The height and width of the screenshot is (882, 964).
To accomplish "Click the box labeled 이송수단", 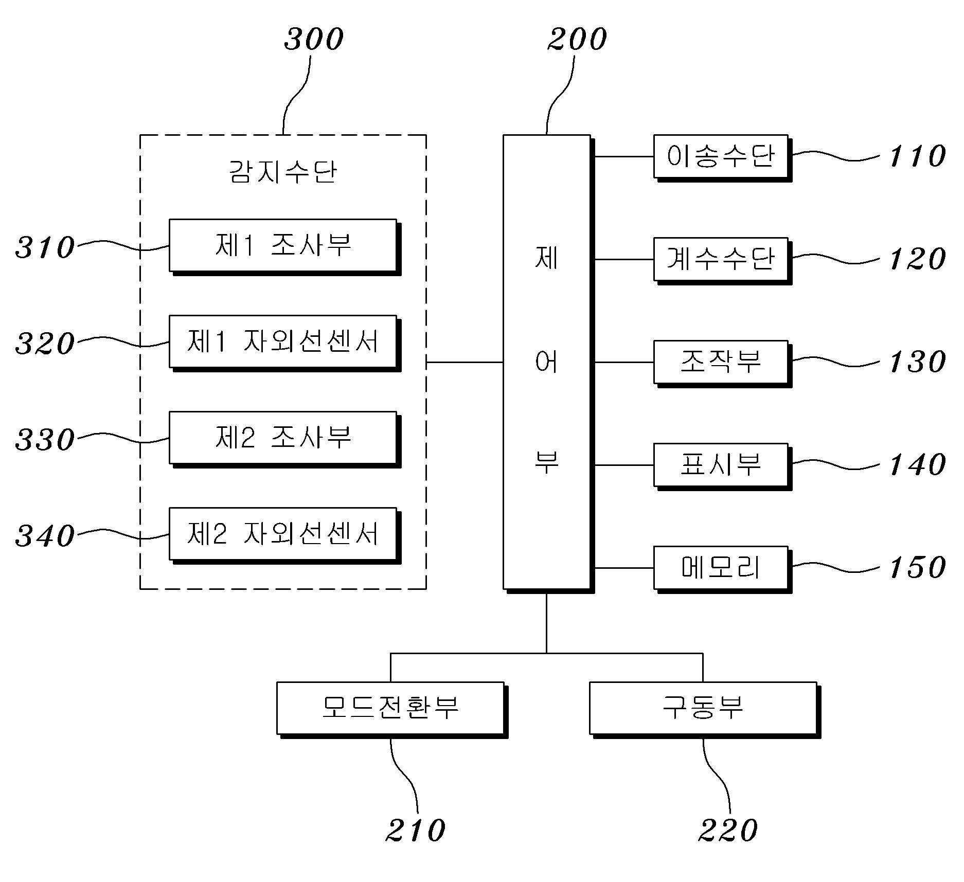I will pyautogui.click(x=720, y=156).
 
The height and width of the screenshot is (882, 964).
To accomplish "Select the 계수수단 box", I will pyautogui.click(x=720, y=259).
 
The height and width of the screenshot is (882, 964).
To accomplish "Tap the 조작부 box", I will pyautogui.click(x=720, y=362).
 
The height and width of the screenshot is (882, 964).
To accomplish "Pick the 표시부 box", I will pyautogui.click(x=720, y=464).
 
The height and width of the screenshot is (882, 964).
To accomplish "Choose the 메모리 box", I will pyautogui.click(x=720, y=567).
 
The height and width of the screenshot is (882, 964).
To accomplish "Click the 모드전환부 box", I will pyautogui.click(x=390, y=708).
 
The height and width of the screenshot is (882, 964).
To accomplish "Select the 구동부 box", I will pyautogui.click(x=703, y=708).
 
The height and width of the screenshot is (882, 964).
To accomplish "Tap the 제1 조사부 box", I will pyautogui.click(x=283, y=245).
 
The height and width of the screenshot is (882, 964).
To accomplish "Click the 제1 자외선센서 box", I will pyautogui.click(x=283, y=341).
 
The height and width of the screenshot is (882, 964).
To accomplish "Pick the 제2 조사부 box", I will pyautogui.click(x=283, y=438).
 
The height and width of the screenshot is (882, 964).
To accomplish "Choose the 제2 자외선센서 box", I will pyautogui.click(x=283, y=534).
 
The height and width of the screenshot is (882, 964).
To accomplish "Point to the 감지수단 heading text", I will pyautogui.click(x=283, y=172).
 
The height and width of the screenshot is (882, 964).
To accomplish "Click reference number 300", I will pyautogui.click(x=314, y=39).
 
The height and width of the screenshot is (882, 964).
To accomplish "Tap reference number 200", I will pyautogui.click(x=577, y=39).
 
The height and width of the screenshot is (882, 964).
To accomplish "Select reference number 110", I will pyautogui.click(x=917, y=156).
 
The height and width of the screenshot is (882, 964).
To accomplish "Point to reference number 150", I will pyautogui.click(x=917, y=567).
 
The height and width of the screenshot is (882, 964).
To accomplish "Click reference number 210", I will pyautogui.click(x=416, y=831).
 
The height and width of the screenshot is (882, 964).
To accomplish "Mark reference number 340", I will pyautogui.click(x=45, y=535).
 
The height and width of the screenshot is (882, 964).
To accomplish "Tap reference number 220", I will pyautogui.click(x=728, y=831).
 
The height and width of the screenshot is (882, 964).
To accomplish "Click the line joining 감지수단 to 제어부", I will pyautogui.click(x=465, y=362).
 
